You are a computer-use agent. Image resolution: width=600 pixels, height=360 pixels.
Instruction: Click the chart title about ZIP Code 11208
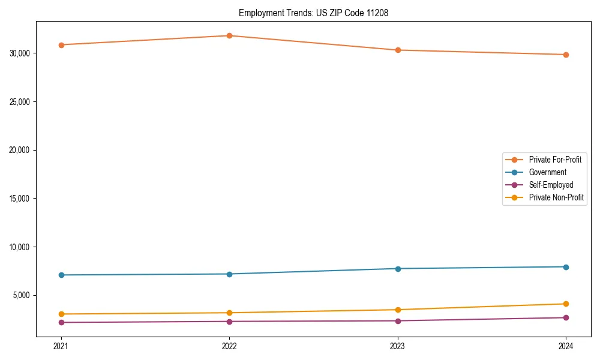tap(313, 13)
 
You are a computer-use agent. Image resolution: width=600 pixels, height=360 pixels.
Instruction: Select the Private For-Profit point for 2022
tap(229, 35)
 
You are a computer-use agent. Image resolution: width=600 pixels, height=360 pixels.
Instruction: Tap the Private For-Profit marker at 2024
tap(566, 55)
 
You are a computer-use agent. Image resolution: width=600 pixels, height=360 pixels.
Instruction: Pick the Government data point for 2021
tap(61, 275)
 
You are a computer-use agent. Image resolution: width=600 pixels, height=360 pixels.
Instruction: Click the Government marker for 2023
tap(398, 268)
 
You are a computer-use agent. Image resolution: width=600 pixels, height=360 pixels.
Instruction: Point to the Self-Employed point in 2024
tap(566, 317)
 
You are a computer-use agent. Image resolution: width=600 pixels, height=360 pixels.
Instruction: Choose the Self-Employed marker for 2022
tap(229, 322)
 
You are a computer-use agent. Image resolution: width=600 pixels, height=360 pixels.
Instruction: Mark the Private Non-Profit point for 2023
tap(398, 310)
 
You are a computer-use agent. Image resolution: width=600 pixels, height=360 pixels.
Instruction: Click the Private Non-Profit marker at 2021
tap(61, 314)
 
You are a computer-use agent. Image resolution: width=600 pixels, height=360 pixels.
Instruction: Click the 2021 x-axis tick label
tap(61, 346)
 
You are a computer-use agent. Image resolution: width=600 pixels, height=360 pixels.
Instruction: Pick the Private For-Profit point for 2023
tap(398, 50)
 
